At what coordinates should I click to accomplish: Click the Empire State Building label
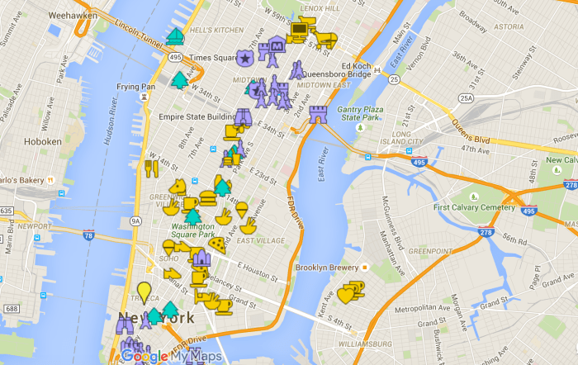[x=200, y=117]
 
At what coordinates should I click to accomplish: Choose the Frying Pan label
[x=135, y=87]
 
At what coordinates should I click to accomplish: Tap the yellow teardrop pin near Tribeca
[x=144, y=292]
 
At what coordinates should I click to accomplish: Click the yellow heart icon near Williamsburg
[x=347, y=293]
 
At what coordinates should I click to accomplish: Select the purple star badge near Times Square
[x=244, y=58]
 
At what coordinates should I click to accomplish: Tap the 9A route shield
[x=135, y=220]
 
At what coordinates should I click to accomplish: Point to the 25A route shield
[x=467, y=98]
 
